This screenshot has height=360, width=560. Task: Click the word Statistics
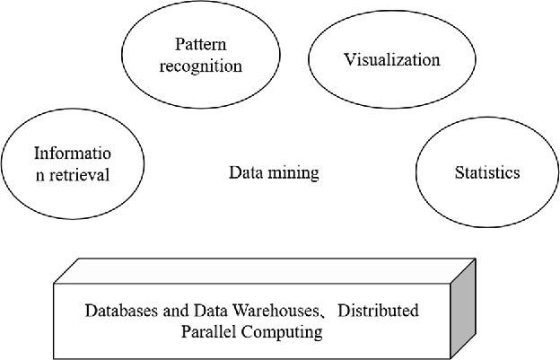(x=486, y=172)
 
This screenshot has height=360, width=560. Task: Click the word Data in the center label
(x=244, y=172)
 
